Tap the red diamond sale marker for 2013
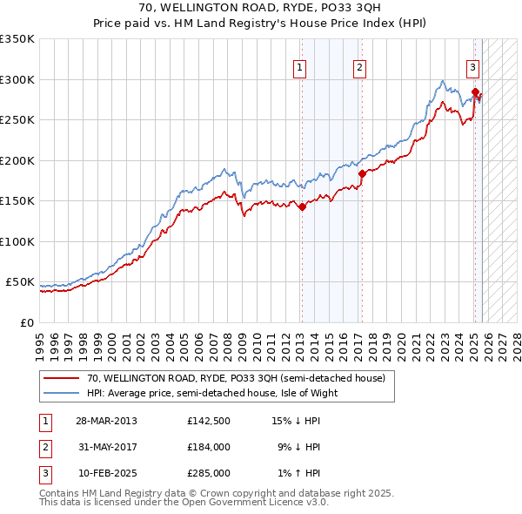point(302,207)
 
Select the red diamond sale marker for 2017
point(362,173)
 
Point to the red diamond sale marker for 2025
point(475,91)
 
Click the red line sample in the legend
point(61,378)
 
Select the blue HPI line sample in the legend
point(61,393)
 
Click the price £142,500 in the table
point(209,421)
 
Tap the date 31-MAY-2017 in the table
point(105,447)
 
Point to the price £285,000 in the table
point(209,473)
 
